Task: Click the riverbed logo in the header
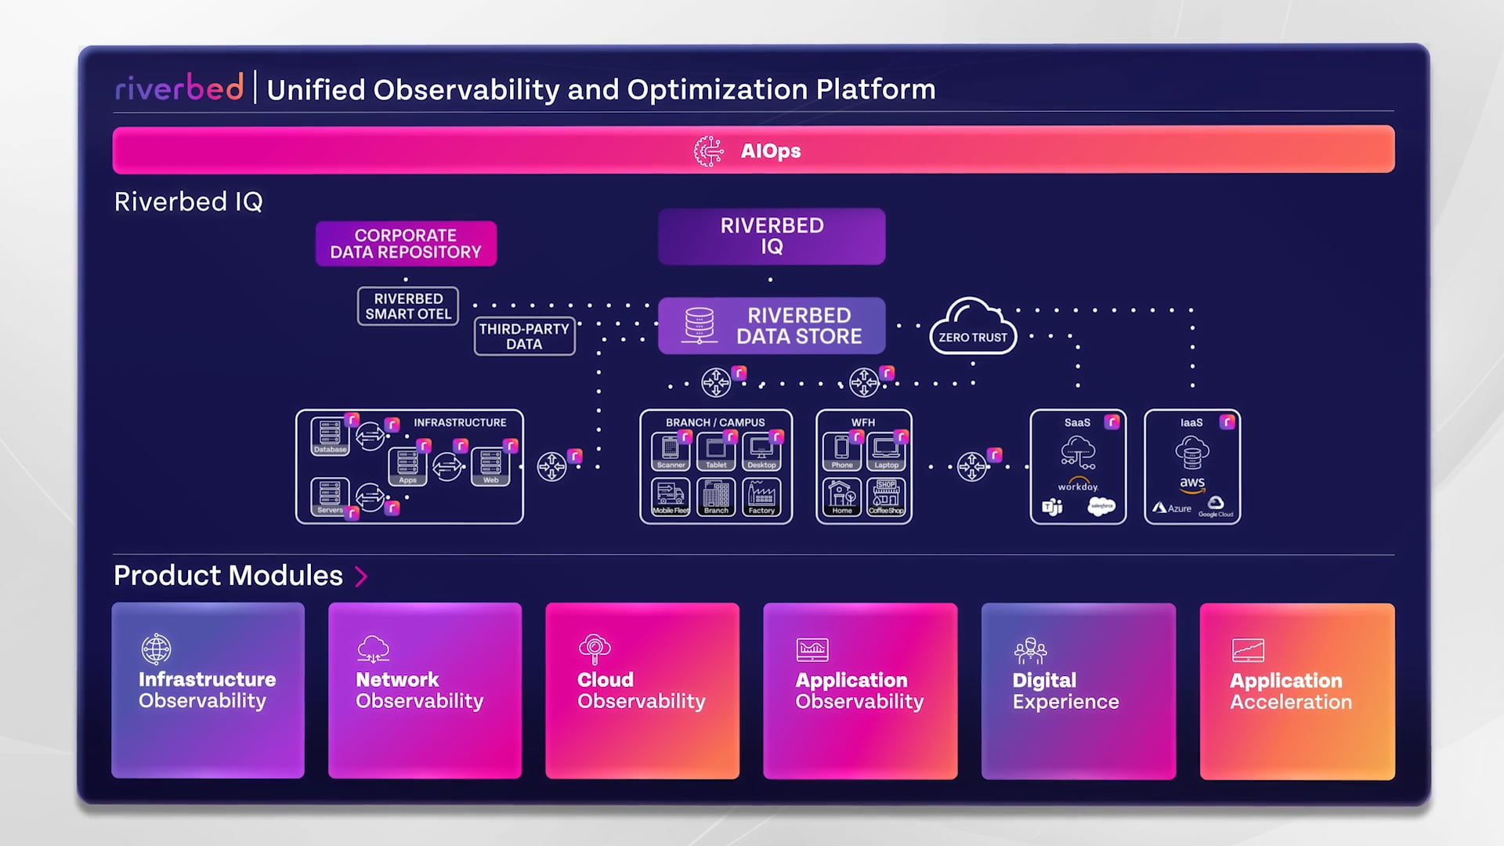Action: click(x=179, y=88)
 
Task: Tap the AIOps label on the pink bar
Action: click(x=770, y=150)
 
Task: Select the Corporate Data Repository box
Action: click(x=406, y=244)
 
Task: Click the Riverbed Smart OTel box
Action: click(x=407, y=306)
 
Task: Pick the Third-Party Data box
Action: click(x=524, y=336)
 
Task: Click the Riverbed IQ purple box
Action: click(x=772, y=236)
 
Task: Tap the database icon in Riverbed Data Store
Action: click(x=700, y=325)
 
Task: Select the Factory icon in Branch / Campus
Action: click(x=761, y=497)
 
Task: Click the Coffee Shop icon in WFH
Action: click(x=886, y=497)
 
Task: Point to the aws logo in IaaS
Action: click(x=1191, y=484)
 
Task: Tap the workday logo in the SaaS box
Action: click(x=1078, y=486)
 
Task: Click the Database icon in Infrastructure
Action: click(x=330, y=436)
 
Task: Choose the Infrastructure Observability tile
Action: click(x=208, y=690)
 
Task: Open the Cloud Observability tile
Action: click(x=642, y=690)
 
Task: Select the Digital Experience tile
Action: click(x=1078, y=690)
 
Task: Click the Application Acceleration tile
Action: click(x=1296, y=690)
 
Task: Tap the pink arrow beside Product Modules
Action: click(x=361, y=577)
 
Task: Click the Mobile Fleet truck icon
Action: click(x=671, y=497)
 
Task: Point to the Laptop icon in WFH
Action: click(x=886, y=451)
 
